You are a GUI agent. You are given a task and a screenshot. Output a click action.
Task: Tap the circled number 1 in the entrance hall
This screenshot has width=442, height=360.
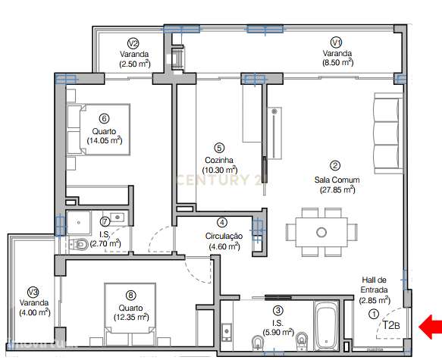coord(373,314)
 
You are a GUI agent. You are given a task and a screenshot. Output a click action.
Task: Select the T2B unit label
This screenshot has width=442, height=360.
coord(390,326)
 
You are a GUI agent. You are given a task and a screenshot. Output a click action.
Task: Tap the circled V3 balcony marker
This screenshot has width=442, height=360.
coord(32,293)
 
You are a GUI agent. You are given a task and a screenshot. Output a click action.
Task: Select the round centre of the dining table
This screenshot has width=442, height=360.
coord(321,231)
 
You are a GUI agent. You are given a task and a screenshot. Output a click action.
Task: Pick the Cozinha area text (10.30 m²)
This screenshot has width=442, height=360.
coord(220,170)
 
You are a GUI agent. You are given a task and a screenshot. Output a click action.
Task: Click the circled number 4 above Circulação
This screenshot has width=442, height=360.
coord(222,223)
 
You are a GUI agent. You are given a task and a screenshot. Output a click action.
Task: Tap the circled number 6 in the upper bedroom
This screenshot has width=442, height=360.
coord(105,117)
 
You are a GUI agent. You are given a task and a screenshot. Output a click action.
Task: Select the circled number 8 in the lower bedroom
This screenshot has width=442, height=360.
coord(131,296)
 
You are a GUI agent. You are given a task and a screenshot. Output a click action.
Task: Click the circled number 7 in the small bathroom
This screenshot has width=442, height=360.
coord(105,222)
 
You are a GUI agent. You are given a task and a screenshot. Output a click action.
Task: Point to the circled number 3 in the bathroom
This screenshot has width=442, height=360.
coord(278,310)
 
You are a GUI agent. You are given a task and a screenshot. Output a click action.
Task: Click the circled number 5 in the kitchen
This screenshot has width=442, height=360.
coord(219,149)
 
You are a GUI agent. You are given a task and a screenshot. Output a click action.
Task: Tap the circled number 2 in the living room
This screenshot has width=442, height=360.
coord(334,164)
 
